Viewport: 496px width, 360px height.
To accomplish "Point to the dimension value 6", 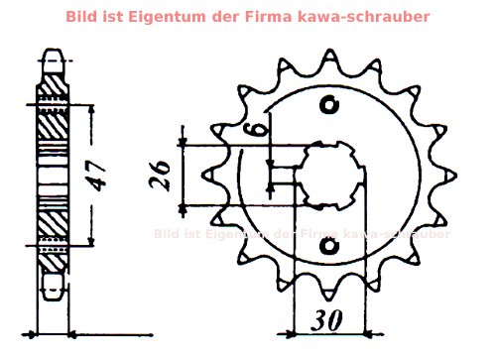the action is click(x=257, y=126).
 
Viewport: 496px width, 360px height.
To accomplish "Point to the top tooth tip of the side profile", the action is click(x=56, y=55).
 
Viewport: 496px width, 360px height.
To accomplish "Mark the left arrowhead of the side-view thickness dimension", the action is click(x=37, y=334).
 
